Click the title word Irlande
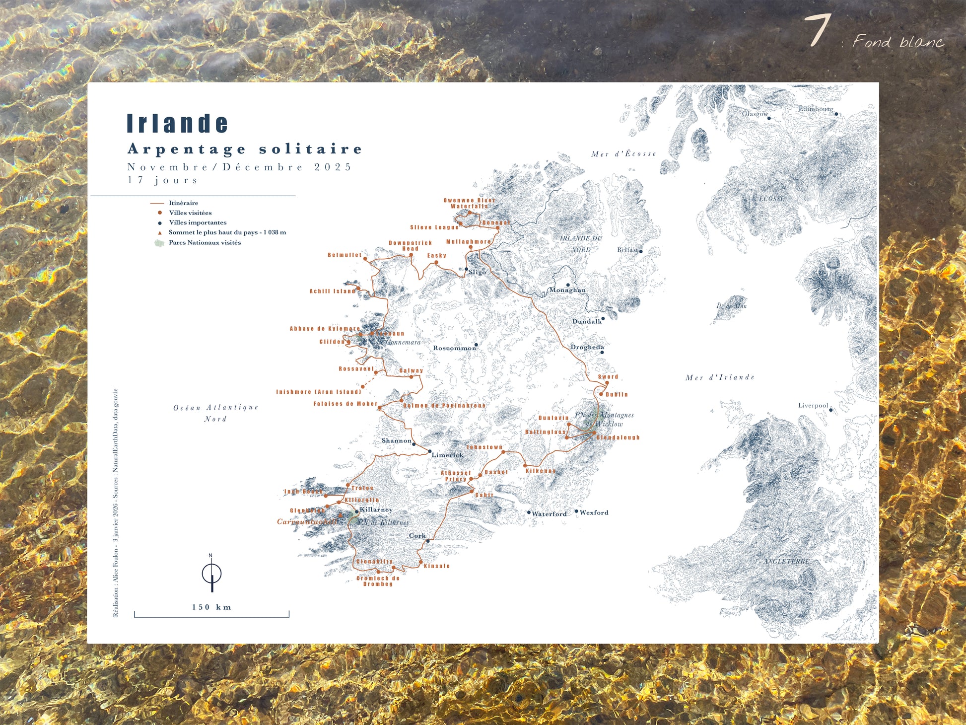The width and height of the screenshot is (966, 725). point(177,123)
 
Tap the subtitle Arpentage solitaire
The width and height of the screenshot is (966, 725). point(245,149)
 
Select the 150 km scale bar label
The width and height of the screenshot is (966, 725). point(211,607)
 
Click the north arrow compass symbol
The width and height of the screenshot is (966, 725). point(211,574)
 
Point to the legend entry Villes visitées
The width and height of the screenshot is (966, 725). point(190,213)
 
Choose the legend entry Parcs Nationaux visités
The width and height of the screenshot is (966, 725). point(204,242)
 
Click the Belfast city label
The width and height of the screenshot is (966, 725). point(627,250)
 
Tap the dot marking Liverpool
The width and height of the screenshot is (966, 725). point(831,410)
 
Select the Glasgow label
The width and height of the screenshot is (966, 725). point(755,114)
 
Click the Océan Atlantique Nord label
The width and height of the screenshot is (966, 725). point(215,413)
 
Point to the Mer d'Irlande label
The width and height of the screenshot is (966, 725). point(720,377)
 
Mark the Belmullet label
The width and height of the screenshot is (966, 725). point(345,255)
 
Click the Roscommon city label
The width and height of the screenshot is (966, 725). point(454,348)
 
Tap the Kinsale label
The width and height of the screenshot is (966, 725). point(437,566)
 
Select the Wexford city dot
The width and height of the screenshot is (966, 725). point(576,511)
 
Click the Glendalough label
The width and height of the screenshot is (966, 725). point(618,437)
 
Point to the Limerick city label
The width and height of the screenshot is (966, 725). point(447,455)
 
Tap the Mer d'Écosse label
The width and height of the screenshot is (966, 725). point(623,154)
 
